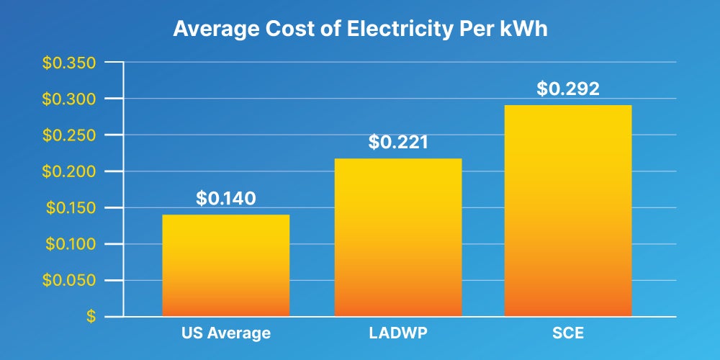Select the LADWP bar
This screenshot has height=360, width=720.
pyautogui.click(x=398, y=238)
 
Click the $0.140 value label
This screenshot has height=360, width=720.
pyautogui.click(x=225, y=198)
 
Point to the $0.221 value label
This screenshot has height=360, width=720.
pyautogui.click(x=398, y=142)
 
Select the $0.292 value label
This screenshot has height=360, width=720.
pyautogui.click(x=568, y=89)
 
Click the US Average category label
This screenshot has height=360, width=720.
pyautogui.click(x=225, y=333)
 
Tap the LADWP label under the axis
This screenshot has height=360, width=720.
pyautogui.click(x=398, y=333)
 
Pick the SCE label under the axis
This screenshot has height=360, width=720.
pyautogui.click(x=568, y=333)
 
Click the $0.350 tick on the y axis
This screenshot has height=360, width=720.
pyautogui.click(x=70, y=63)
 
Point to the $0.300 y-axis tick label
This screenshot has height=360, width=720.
pyautogui.click(x=70, y=99)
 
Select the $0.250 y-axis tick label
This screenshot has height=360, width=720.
pyautogui.click(x=70, y=135)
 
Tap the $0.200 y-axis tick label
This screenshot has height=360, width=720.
pyautogui.click(x=70, y=171)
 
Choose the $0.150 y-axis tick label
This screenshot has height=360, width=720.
pyautogui.click(x=70, y=208)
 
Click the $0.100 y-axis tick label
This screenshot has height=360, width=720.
pyautogui.click(x=70, y=244)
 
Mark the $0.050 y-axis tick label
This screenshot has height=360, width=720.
pyautogui.click(x=70, y=281)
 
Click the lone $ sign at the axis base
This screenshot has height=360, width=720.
pyautogui.click(x=91, y=317)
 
